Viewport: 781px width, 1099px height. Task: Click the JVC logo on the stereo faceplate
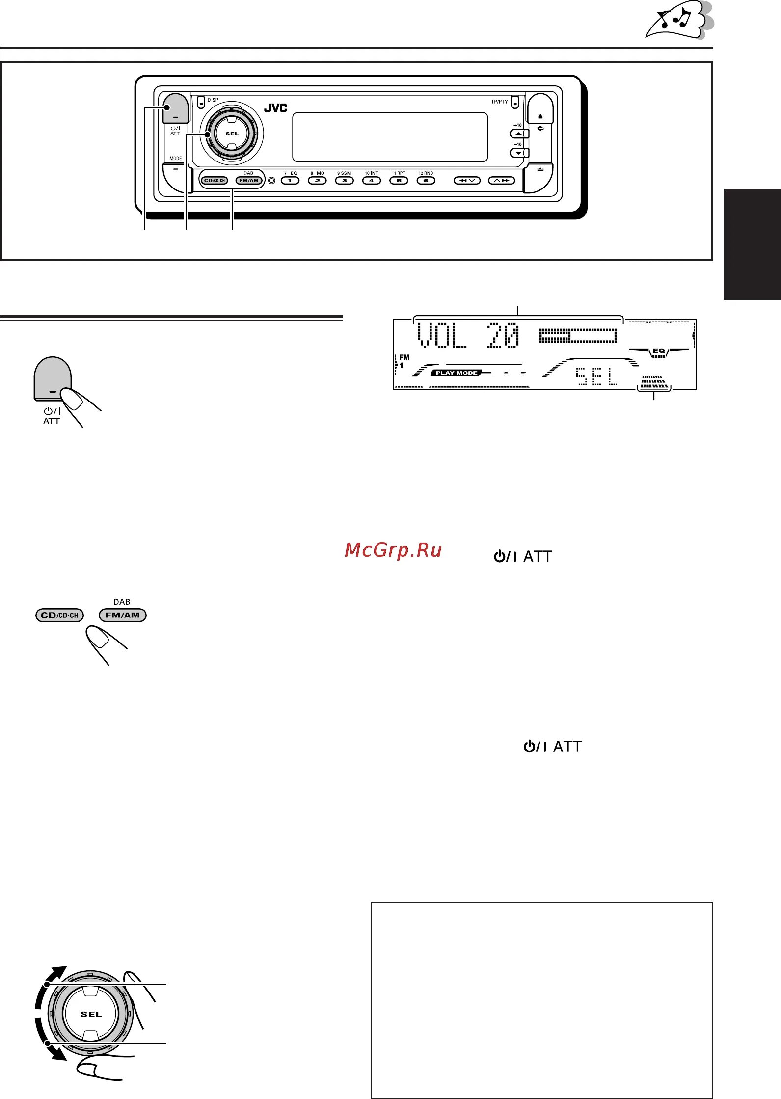[275, 108]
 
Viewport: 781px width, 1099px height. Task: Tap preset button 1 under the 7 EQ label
[290, 181]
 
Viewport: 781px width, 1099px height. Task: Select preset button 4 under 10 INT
[372, 181]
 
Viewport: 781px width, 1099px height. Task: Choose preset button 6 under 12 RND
[426, 181]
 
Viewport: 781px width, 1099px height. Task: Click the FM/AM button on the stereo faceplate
[249, 181]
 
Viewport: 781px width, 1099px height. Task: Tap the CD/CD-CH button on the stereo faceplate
[215, 181]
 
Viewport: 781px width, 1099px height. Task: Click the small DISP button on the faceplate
[201, 103]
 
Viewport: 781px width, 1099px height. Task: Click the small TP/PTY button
[514, 103]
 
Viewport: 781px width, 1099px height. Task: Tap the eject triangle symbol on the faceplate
[540, 116]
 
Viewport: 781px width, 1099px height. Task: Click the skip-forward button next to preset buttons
[502, 181]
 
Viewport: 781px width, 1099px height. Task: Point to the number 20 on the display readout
[503, 336]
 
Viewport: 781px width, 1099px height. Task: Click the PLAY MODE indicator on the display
[457, 373]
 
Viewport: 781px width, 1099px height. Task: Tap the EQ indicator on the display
[658, 351]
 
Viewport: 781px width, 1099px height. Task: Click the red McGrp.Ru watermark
[393, 550]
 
